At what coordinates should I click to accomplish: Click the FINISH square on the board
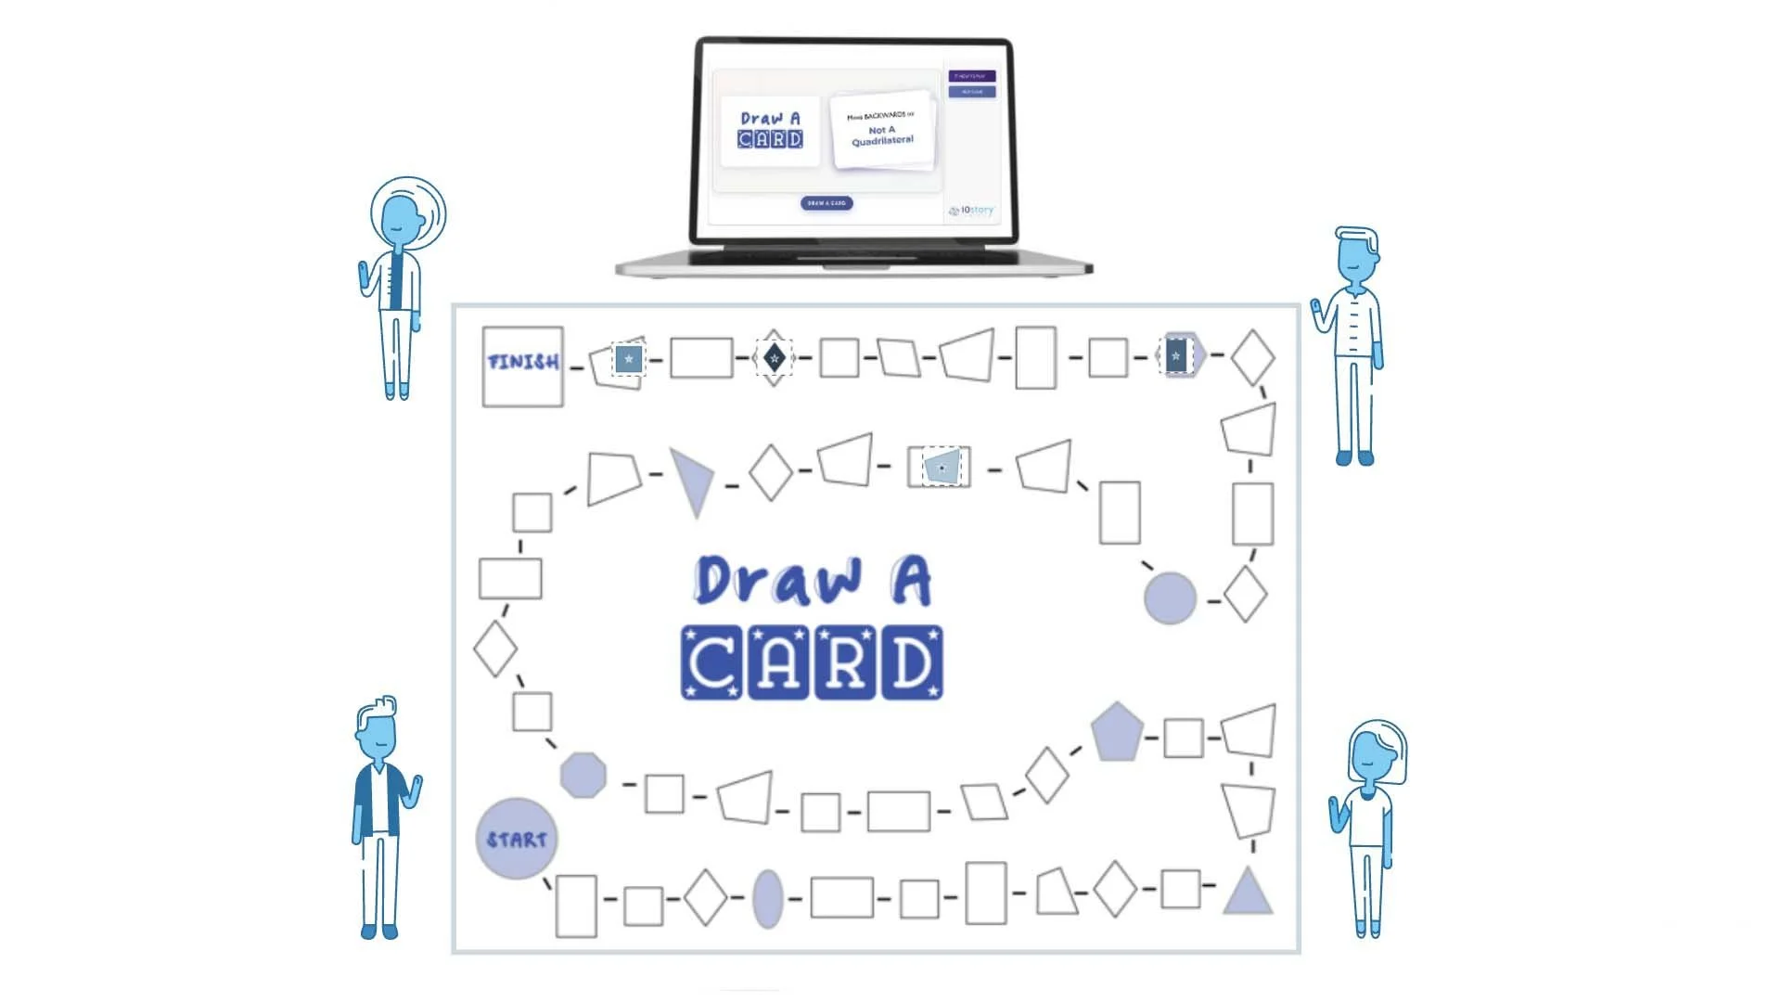pyautogui.click(x=523, y=366)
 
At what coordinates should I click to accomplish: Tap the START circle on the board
pyautogui.click(x=517, y=839)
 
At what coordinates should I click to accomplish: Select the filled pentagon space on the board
pyautogui.click(x=1116, y=733)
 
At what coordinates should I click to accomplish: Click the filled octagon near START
pyautogui.click(x=583, y=775)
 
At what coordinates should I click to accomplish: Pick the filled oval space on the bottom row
pyautogui.click(x=767, y=898)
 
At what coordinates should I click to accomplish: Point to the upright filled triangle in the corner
pyautogui.click(x=1248, y=893)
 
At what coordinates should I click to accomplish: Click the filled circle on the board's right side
pyautogui.click(x=1170, y=598)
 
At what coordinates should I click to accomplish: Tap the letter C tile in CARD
pyautogui.click(x=711, y=662)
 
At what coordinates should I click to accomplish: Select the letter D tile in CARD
pyautogui.click(x=912, y=662)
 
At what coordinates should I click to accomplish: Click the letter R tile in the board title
pyautogui.click(x=845, y=662)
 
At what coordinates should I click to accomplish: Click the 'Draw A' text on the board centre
pyautogui.click(x=812, y=581)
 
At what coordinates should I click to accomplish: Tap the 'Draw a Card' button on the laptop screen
pyautogui.click(x=826, y=203)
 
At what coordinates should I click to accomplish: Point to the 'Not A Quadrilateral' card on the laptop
pyautogui.click(x=882, y=131)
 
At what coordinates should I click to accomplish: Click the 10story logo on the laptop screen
pyautogui.click(x=971, y=211)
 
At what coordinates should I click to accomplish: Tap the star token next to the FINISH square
pyautogui.click(x=629, y=359)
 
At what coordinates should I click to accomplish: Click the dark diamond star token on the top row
pyautogui.click(x=774, y=358)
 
